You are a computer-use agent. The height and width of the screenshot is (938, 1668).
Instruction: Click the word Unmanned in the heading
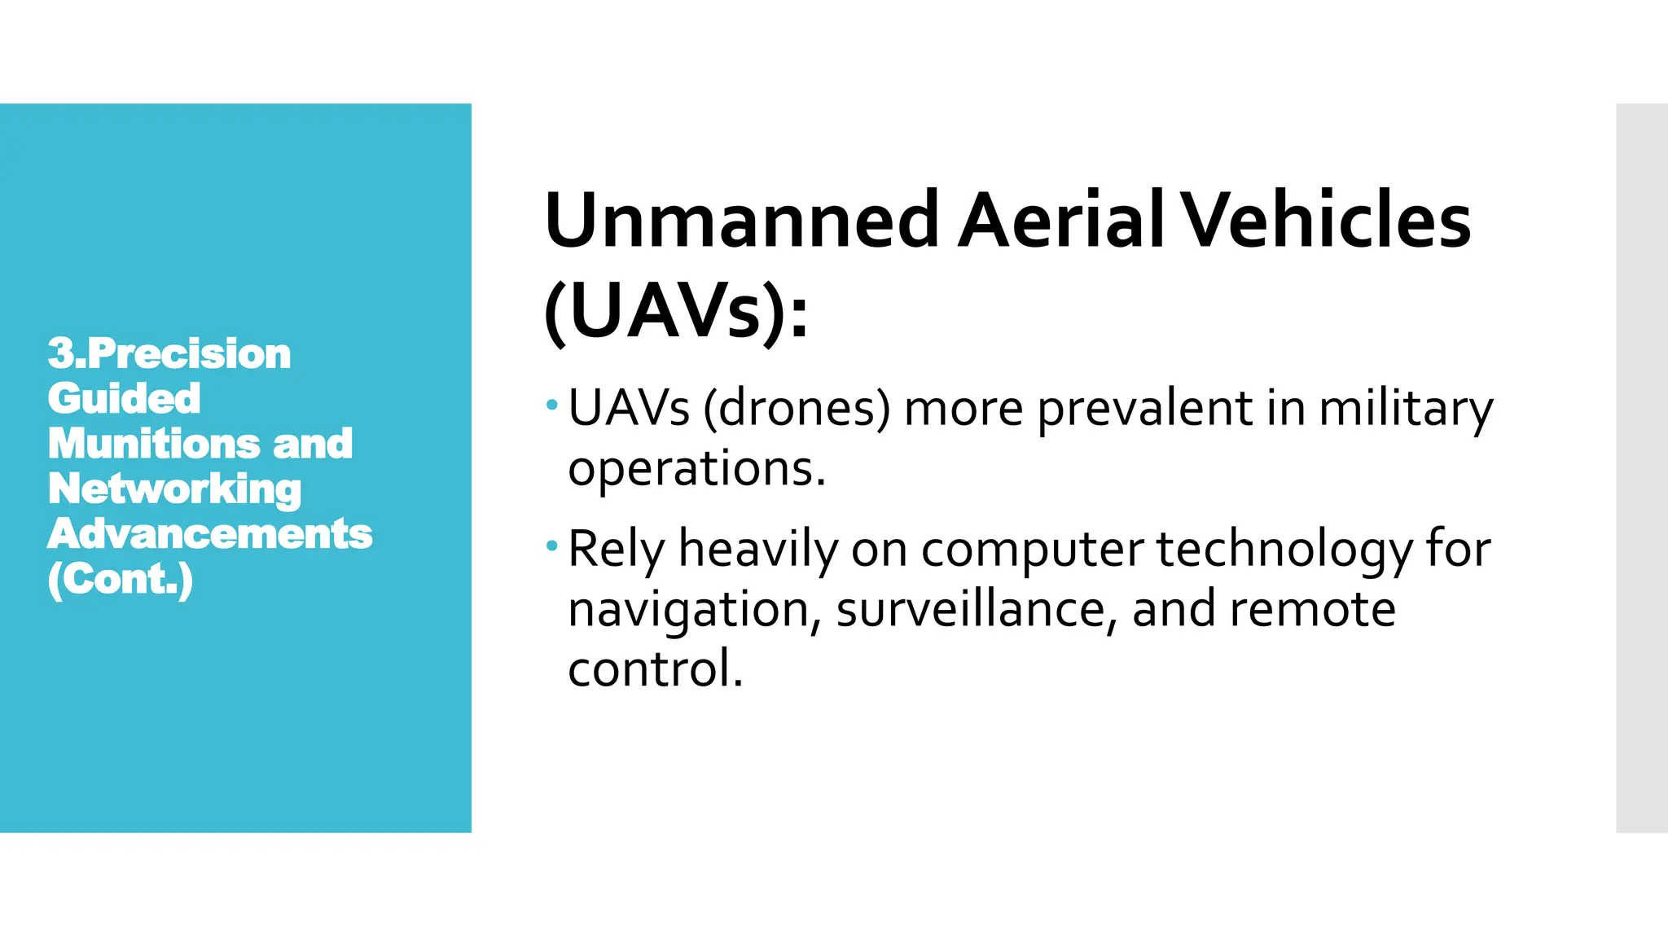[742, 221]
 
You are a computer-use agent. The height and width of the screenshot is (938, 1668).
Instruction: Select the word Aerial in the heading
[1061, 221]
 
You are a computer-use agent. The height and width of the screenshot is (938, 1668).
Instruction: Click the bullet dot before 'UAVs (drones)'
[552, 405]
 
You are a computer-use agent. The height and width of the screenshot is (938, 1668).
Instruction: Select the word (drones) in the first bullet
[797, 408]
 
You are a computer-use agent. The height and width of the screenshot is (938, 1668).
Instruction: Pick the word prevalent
[1145, 408]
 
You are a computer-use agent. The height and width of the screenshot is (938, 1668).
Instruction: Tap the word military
[1406, 408]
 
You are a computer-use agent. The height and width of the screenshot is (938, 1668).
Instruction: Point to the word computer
[1032, 549]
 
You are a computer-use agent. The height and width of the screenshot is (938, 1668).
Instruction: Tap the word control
[655, 669]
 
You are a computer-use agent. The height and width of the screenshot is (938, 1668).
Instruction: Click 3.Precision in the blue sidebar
[169, 353]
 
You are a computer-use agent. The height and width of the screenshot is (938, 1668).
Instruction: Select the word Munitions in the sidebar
[152, 444]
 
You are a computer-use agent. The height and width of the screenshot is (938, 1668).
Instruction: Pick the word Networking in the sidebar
[174, 489]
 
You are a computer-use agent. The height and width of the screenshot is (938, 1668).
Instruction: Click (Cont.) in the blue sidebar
[121, 579]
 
